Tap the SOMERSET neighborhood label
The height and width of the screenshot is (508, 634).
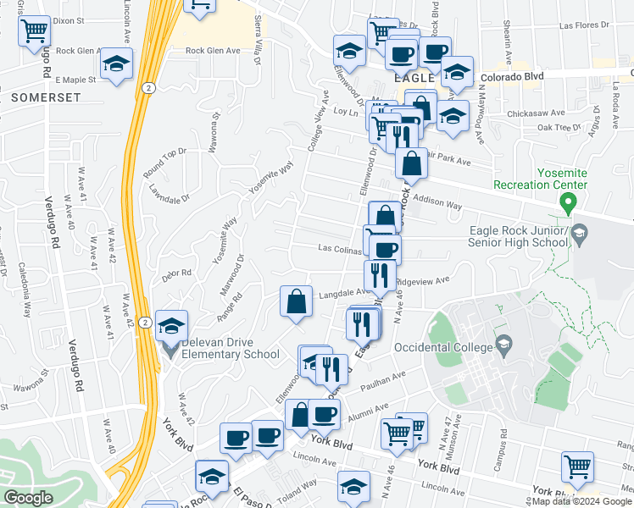(x=47, y=98)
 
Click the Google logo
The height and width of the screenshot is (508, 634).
(x=29, y=498)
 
